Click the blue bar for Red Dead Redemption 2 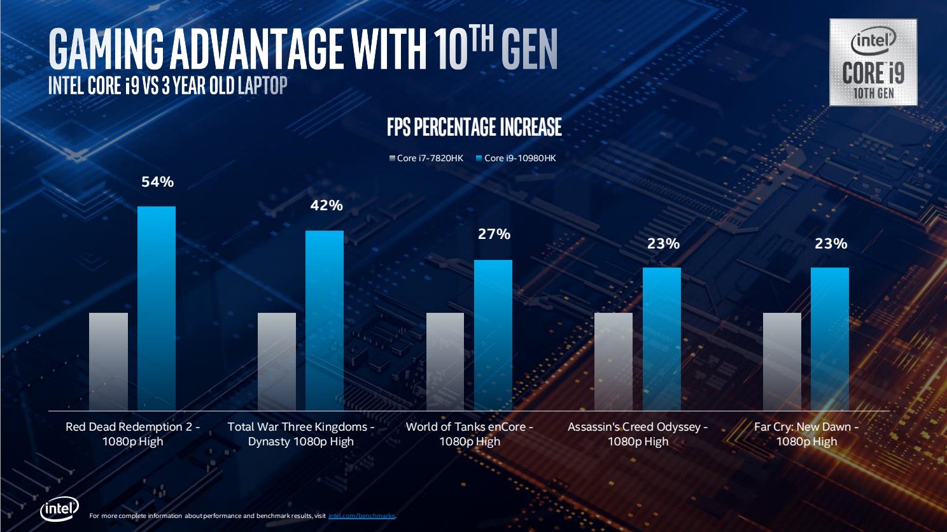point(157,308)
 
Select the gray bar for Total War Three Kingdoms point(277,361)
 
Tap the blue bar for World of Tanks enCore point(493,334)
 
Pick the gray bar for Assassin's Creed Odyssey point(614,361)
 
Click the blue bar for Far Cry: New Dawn point(830,338)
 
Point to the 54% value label point(157,182)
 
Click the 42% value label point(326,205)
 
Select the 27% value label point(494,234)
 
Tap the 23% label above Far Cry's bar point(831,243)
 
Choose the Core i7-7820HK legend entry point(427,158)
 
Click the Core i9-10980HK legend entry point(516,158)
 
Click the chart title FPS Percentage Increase point(474,127)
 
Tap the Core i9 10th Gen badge point(873,62)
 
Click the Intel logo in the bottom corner point(60,509)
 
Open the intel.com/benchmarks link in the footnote point(361,516)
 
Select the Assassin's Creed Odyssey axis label point(638,434)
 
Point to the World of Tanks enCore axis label point(470,434)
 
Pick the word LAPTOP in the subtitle point(262,85)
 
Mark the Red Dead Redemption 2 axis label point(133,434)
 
